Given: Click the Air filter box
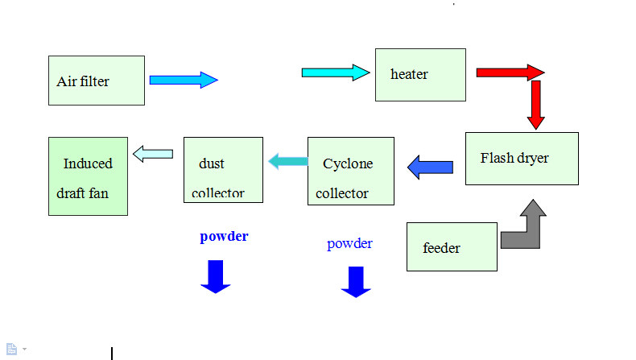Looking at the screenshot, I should [97, 81].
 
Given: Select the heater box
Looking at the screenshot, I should [420, 75].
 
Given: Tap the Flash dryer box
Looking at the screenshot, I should [522, 158].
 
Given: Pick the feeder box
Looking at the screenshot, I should [452, 246].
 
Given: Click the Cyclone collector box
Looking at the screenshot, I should [351, 171].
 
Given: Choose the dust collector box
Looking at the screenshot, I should [223, 169].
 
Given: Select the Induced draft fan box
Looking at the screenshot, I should [88, 176].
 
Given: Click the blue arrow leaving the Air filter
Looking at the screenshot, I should [184, 80].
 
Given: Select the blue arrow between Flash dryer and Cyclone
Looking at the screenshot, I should [430, 168].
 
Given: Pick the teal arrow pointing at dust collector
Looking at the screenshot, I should [287, 161].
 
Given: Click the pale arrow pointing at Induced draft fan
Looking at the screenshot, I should [153, 153].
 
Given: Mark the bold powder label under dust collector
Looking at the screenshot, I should [224, 237].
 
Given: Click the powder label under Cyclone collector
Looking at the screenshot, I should [349, 243].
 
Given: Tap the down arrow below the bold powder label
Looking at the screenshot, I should [215, 276].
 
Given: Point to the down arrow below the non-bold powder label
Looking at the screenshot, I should [356, 282].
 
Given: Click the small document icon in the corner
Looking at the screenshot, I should [12, 349].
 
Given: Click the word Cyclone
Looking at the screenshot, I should [348, 164].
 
